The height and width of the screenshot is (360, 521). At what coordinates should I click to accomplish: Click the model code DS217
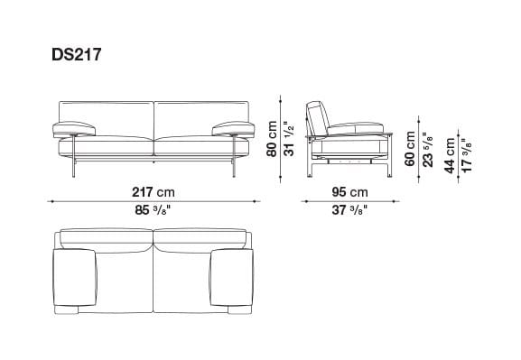point(77,53)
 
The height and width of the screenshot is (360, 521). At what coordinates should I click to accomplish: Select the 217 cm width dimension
point(153,192)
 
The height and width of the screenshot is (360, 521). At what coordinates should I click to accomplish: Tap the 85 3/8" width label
point(154,213)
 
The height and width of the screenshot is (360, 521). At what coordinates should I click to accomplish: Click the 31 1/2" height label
point(288,140)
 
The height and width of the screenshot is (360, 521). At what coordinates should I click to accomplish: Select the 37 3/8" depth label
point(348,213)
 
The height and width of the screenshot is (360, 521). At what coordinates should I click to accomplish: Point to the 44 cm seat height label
point(449,155)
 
